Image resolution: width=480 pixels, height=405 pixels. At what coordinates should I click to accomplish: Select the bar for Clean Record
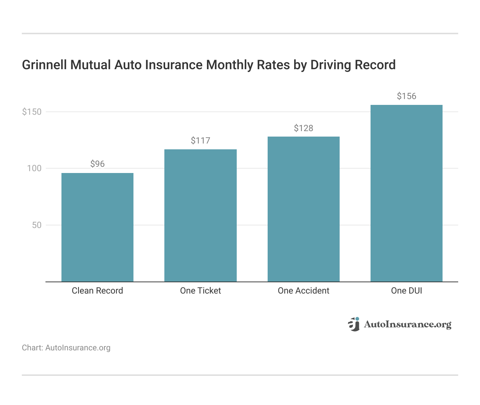pyautogui.click(x=97, y=227)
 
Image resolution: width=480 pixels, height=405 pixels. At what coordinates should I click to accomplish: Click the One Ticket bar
pyautogui.click(x=200, y=216)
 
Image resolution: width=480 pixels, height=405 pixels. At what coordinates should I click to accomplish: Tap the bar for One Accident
pyautogui.click(x=303, y=209)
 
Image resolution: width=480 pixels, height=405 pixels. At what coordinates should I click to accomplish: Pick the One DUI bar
pyautogui.click(x=406, y=193)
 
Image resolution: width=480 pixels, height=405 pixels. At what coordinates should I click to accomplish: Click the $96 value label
pyautogui.click(x=97, y=164)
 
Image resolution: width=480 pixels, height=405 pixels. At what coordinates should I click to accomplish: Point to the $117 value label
pyautogui.click(x=200, y=141)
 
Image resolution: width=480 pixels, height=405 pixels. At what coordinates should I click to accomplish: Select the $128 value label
pyautogui.click(x=303, y=128)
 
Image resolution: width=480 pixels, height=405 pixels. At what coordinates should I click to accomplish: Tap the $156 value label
pyautogui.click(x=406, y=96)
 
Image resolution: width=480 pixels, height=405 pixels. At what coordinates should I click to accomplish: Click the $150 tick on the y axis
pyautogui.click(x=32, y=112)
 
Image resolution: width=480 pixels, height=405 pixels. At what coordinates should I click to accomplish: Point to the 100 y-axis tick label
pyautogui.click(x=34, y=168)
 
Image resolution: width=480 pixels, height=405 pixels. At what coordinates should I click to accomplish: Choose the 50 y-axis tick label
pyautogui.click(x=36, y=225)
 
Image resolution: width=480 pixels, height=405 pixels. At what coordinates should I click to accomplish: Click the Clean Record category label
pyautogui.click(x=97, y=291)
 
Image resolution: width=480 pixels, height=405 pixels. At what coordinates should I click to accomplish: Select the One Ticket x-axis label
pyautogui.click(x=200, y=291)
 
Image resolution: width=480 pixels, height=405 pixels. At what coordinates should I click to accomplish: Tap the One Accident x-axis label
pyautogui.click(x=303, y=291)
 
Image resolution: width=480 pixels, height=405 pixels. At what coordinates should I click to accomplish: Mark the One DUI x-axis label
pyautogui.click(x=406, y=291)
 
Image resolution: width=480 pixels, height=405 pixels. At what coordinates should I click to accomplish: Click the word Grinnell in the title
pyautogui.click(x=44, y=65)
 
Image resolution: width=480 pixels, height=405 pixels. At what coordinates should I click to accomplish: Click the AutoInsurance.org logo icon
pyautogui.click(x=354, y=324)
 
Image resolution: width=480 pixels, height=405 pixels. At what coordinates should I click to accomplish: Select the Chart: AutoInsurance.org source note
pyautogui.click(x=66, y=348)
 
